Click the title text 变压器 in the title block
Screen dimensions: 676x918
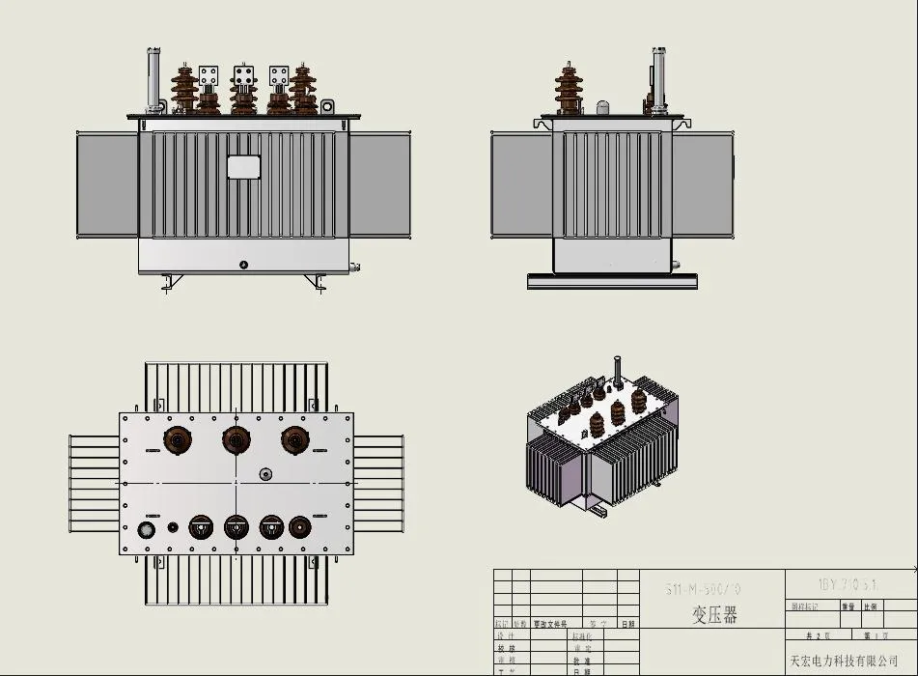point(714,615)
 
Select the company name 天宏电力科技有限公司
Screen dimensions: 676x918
point(844,661)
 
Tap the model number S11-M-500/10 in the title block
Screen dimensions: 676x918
point(704,589)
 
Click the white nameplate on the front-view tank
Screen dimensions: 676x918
point(244,167)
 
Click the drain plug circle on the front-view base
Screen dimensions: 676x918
point(243,264)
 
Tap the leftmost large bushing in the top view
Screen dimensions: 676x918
point(177,440)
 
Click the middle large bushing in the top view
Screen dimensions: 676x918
point(236,440)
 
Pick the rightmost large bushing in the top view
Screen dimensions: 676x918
point(294,440)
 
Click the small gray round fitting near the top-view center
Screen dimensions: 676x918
point(265,473)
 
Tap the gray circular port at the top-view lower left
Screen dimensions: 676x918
point(148,530)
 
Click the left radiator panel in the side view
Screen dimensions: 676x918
point(520,183)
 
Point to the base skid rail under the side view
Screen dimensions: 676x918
point(612,281)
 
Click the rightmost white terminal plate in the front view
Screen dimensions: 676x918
point(279,74)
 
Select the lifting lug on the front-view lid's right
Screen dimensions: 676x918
point(327,106)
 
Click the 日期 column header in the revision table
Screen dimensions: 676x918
point(628,624)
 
